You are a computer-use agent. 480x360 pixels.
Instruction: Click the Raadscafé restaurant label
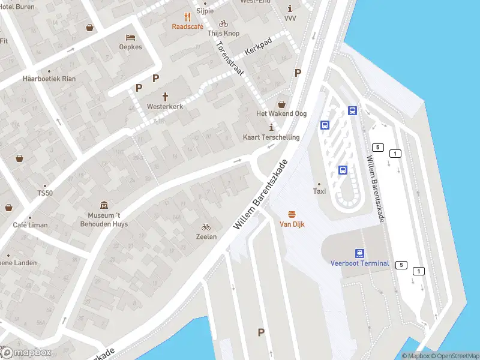point(188,26)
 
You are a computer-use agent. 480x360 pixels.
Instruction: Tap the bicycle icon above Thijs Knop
point(223,24)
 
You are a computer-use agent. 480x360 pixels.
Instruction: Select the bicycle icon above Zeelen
point(206,227)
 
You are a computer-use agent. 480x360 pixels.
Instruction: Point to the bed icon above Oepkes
point(130,37)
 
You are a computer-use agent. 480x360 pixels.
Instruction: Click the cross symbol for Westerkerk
point(165,96)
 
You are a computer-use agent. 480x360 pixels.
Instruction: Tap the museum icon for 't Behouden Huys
point(104,205)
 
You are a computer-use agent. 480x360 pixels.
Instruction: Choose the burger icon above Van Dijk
point(292,215)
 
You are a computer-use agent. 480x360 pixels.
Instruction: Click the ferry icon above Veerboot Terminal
point(359,253)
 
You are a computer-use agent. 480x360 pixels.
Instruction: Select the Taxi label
point(319,191)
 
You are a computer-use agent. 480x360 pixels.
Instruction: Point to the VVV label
point(290,19)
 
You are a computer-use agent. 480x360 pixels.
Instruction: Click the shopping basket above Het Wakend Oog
point(282,104)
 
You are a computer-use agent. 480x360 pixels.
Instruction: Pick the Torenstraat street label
point(229,58)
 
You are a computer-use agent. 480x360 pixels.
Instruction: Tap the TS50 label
point(45,193)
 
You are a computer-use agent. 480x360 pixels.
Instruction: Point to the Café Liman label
point(30,224)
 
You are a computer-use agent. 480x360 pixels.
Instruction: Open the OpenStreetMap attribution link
point(455,356)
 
